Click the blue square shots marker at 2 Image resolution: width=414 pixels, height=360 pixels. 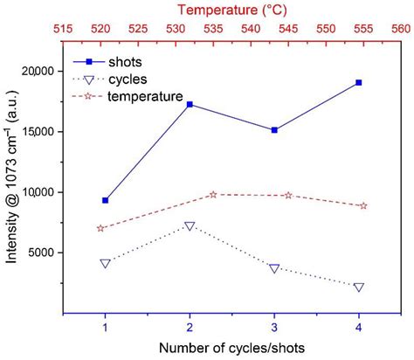pos(190,104)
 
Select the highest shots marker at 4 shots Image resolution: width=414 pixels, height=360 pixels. pos(359,82)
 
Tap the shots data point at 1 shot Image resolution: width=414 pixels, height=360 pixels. pos(105,200)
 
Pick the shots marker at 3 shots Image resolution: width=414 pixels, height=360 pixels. pos(274,129)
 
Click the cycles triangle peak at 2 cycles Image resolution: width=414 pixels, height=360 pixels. pos(190,226)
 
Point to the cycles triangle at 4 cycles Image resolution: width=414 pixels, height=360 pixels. pos(359,287)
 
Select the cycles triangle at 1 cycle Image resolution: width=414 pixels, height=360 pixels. pos(105,263)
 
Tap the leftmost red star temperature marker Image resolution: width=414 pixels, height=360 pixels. pos(100,228)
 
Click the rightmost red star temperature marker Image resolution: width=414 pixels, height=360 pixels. pos(363,205)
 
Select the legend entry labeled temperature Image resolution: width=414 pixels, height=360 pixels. pos(144,95)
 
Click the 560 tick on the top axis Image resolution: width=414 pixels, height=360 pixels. pos(401,28)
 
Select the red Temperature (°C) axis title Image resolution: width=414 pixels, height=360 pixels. pos(231,10)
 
